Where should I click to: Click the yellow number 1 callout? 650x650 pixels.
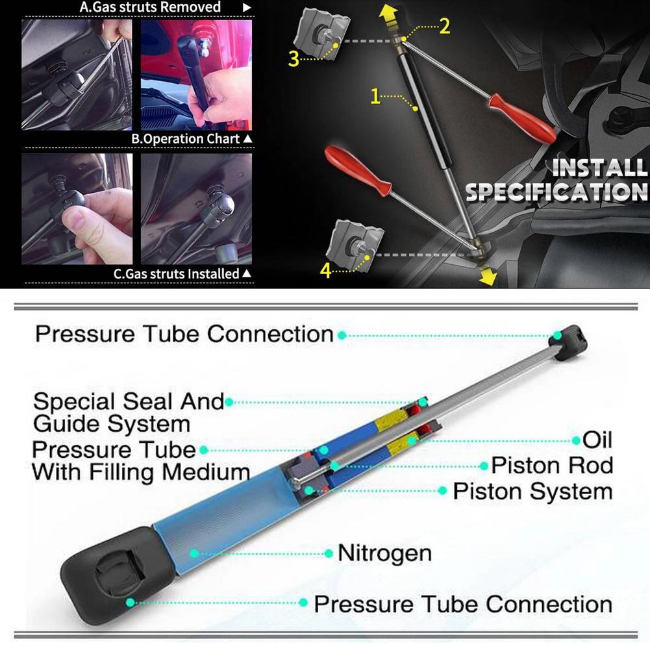375,97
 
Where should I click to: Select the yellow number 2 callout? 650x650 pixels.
444,26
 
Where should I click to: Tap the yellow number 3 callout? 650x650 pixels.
294,58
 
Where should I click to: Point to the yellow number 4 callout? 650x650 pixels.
325,269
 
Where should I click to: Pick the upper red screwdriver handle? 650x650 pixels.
522,118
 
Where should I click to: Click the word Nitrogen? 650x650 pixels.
384,553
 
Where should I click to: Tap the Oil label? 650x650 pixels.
597,440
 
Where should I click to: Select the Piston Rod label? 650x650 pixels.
552,465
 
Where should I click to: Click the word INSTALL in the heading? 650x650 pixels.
599,168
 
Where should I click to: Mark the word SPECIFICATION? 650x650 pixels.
557,192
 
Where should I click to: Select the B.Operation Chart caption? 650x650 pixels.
186,139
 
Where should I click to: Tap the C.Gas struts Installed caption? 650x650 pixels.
177,274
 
